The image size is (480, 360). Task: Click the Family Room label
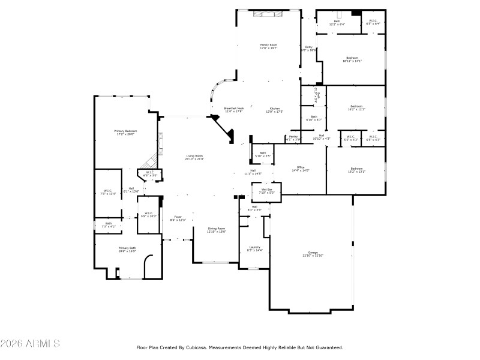tap(268, 45)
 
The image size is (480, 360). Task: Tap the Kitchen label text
tap(274, 109)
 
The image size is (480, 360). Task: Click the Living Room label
tap(194, 156)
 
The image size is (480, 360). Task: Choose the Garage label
tap(313, 253)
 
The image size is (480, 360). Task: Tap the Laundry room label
tap(254, 247)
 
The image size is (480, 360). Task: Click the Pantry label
tap(293, 137)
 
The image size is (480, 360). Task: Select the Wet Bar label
tap(266, 190)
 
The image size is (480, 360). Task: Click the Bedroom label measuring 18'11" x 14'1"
tap(352, 58)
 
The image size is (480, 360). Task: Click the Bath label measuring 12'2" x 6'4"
tap(337, 22)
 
